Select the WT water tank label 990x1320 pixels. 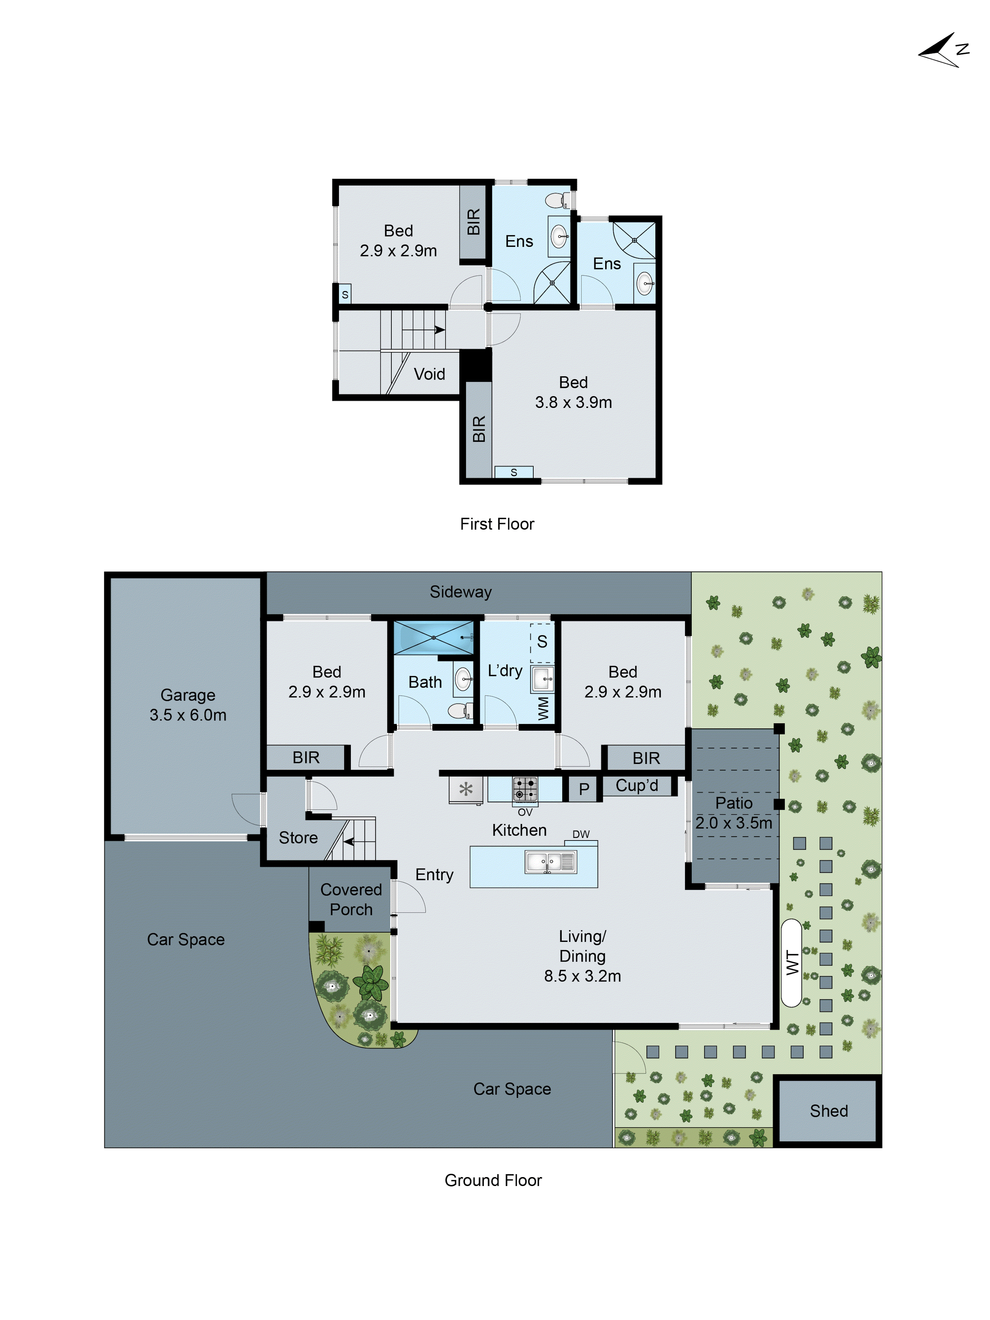click(792, 963)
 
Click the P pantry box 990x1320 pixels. click(584, 789)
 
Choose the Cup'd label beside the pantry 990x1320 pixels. click(637, 785)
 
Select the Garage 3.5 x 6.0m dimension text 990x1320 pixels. click(188, 715)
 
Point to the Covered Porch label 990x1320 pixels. click(351, 899)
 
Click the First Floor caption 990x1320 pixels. click(497, 524)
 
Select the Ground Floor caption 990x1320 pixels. click(493, 1180)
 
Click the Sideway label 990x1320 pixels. click(461, 592)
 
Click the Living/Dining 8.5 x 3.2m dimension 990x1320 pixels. click(582, 976)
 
